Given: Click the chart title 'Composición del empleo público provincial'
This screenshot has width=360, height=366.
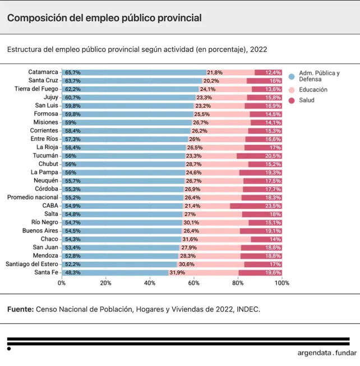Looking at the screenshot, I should (x=104, y=18).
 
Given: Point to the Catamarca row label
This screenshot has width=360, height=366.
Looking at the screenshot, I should (x=43, y=72).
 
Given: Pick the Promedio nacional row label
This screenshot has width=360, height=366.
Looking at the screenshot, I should (x=33, y=198).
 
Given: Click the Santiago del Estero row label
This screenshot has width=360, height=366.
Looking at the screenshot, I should (x=32, y=264).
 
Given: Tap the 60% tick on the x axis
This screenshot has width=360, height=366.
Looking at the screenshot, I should (x=193, y=283).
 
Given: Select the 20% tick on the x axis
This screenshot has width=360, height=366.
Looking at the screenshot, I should (x=105, y=283).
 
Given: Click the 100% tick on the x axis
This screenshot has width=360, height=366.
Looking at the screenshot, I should (x=281, y=283).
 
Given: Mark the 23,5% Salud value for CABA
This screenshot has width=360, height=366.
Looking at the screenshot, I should (x=273, y=206).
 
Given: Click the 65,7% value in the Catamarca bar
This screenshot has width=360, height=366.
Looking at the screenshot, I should (x=72, y=72).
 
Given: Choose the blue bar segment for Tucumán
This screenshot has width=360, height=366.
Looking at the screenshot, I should (x=123, y=156).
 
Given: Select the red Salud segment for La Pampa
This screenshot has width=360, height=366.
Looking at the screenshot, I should (x=261, y=172).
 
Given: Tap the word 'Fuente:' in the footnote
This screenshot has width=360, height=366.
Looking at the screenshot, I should (x=20, y=309).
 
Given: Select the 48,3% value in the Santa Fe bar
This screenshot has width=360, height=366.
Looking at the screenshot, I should (x=72, y=273).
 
